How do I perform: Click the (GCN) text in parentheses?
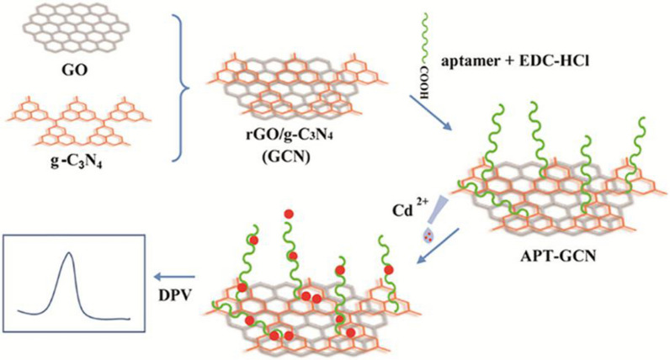point(273,152)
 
